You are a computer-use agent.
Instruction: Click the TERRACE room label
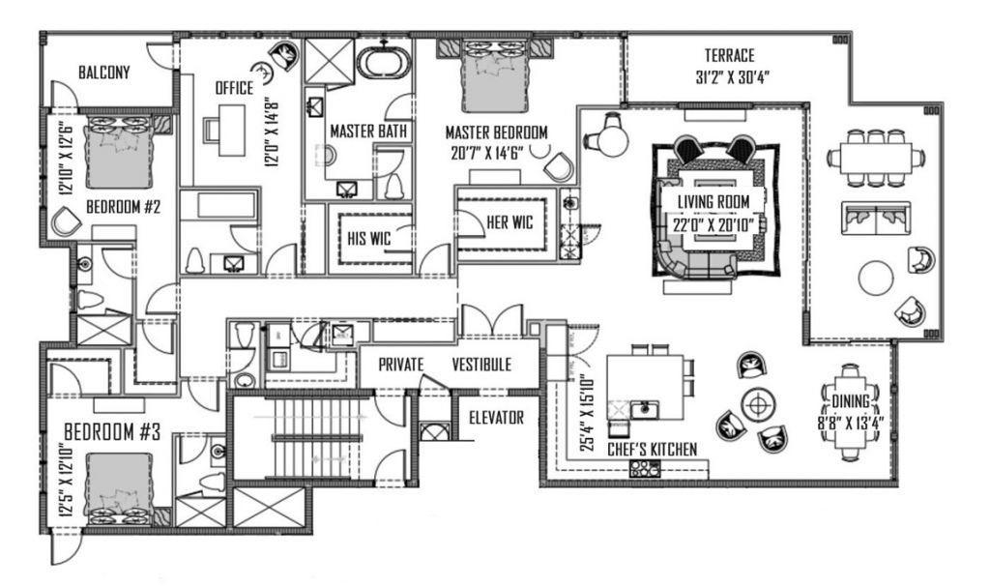[x=730, y=55]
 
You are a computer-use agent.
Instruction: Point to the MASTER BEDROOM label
[x=496, y=131]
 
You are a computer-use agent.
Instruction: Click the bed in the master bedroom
[x=491, y=79]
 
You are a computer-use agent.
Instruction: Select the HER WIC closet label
[x=510, y=222]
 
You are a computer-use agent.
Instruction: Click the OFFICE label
[x=234, y=88]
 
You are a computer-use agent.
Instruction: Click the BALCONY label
[x=104, y=73]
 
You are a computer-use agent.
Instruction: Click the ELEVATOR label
[x=496, y=419]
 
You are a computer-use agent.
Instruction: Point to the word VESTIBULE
[x=481, y=365]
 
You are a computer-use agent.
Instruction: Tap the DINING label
[x=851, y=400]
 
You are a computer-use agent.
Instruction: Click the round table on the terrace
[x=877, y=278]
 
